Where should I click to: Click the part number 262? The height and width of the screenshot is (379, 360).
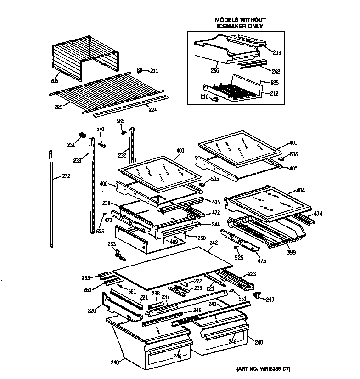(x=276, y=71)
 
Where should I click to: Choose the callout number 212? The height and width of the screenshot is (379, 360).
(x=274, y=93)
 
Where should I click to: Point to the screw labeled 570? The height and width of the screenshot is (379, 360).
(x=102, y=144)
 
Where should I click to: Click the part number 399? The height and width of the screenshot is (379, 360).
(x=291, y=252)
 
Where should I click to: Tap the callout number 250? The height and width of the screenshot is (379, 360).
(x=202, y=238)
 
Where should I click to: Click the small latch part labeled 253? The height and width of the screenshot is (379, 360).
(x=118, y=252)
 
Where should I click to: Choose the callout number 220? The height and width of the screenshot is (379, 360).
(x=91, y=311)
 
